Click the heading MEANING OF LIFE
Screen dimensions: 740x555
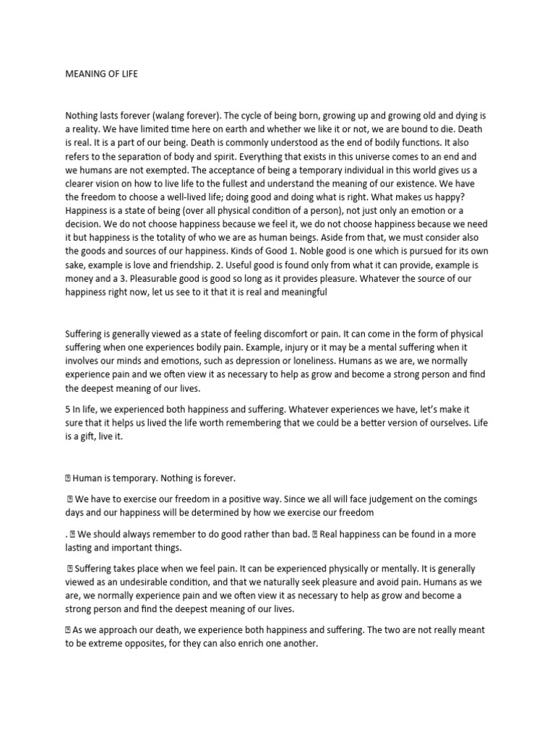(x=102, y=74)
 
